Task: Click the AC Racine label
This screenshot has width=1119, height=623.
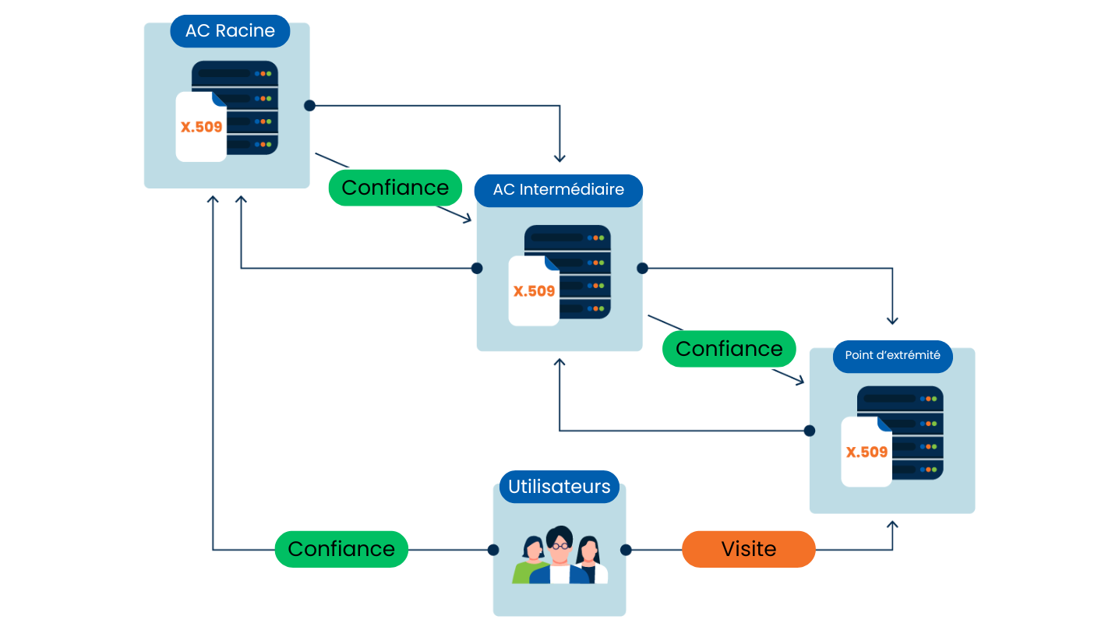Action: click(x=230, y=31)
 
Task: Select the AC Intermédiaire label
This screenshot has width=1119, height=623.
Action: click(x=558, y=190)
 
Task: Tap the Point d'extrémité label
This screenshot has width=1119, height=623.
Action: click(x=892, y=356)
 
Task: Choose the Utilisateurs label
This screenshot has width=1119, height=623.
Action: click(x=559, y=487)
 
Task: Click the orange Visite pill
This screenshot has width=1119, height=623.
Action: click(x=748, y=549)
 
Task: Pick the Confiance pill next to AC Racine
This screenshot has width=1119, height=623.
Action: click(x=395, y=188)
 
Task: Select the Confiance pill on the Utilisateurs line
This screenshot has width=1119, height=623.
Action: click(x=341, y=549)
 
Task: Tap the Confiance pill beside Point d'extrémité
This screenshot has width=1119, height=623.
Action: click(x=729, y=349)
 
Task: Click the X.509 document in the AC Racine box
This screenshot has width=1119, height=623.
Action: click(x=201, y=127)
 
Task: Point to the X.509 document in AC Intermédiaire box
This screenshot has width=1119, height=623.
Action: click(x=534, y=291)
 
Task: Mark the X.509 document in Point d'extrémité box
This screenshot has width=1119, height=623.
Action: click(x=867, y=452)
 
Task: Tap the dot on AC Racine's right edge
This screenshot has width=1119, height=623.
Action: click(x=309, y=105)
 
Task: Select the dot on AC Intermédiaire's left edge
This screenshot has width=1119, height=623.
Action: click(x=477, y=269)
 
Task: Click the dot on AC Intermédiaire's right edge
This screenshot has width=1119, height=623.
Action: click(x=642, y=269)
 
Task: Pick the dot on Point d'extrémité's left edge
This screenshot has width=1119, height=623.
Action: click(x=810, y=431)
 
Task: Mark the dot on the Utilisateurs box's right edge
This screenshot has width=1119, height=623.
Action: click(x=626, y=550)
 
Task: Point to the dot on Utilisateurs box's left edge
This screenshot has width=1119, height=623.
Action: click(x=493, y=550)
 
